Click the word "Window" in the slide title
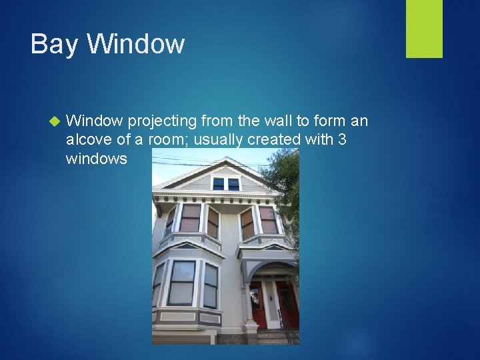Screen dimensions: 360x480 pos(136,44)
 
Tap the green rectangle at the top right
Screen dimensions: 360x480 pos(424,29)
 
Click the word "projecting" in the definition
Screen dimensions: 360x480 pos(161,122)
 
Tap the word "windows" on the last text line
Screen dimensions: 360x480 pos(97,159)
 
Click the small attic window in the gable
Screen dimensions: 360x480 pos(226,183)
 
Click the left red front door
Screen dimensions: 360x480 pos(259,304)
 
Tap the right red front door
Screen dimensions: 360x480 pos(287,304)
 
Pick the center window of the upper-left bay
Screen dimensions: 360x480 pos(190,219)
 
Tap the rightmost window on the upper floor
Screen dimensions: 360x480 pos(268,220)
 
